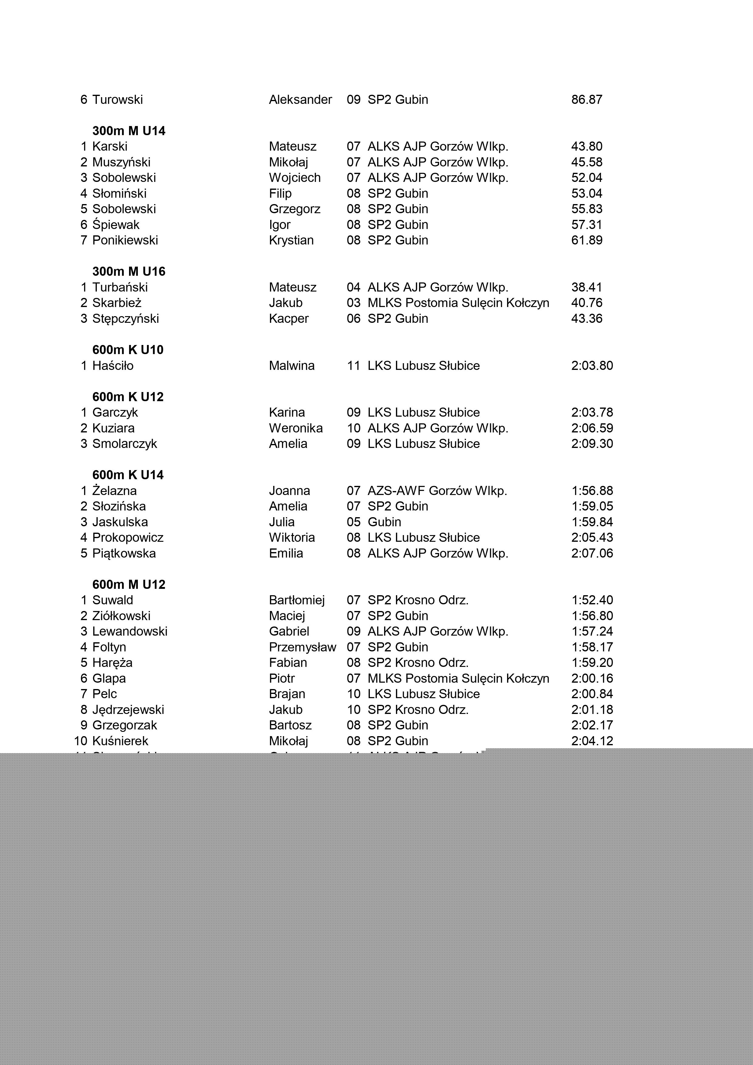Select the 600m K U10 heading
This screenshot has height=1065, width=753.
click(128, 350)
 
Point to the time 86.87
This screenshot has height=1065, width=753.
click(587, 100)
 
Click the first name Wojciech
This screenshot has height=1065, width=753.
click(295, 178)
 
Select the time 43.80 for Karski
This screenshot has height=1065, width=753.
click(587, 147)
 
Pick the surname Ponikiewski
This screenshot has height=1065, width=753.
click(125, 240)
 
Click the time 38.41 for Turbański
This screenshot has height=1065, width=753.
click(587, 288)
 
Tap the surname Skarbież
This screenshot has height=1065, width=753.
click(117, 303)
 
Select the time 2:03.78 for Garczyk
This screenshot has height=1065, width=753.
click(592, 412)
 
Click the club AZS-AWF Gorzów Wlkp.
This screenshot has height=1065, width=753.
click(437, 491)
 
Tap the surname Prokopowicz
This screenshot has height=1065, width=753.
click(128, 538)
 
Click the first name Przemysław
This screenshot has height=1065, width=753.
click(302, 647)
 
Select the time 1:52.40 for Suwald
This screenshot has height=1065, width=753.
click(592, 600)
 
